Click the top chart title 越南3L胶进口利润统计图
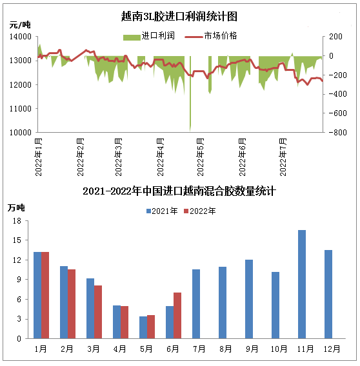click(x=179, y=16)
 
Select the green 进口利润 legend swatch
click(x=132, y=37)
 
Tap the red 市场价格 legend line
click(x=194, y=37)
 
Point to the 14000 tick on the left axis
click(x=21, y=37)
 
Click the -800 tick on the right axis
click(x=337, y=132)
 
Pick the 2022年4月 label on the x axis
click(x=161, y=157)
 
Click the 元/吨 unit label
click(x=20, y=24)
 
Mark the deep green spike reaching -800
click(x=190, y=93)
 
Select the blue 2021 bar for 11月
click(x=302, y=284)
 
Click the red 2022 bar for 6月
click(x=177, y=316)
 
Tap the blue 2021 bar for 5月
click(x=143, y=327)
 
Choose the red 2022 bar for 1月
click(x=45, y=295)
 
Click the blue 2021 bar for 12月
click(x=328, y=294)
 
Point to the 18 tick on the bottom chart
click(x=17, y=221)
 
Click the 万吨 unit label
click(x=16, y=207)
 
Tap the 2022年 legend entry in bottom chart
click(x=200, y=211)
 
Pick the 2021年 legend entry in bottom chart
click(x=162, y=211)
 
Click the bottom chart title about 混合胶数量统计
click(x=179, y=191)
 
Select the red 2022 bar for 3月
click(x=98, y=312)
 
